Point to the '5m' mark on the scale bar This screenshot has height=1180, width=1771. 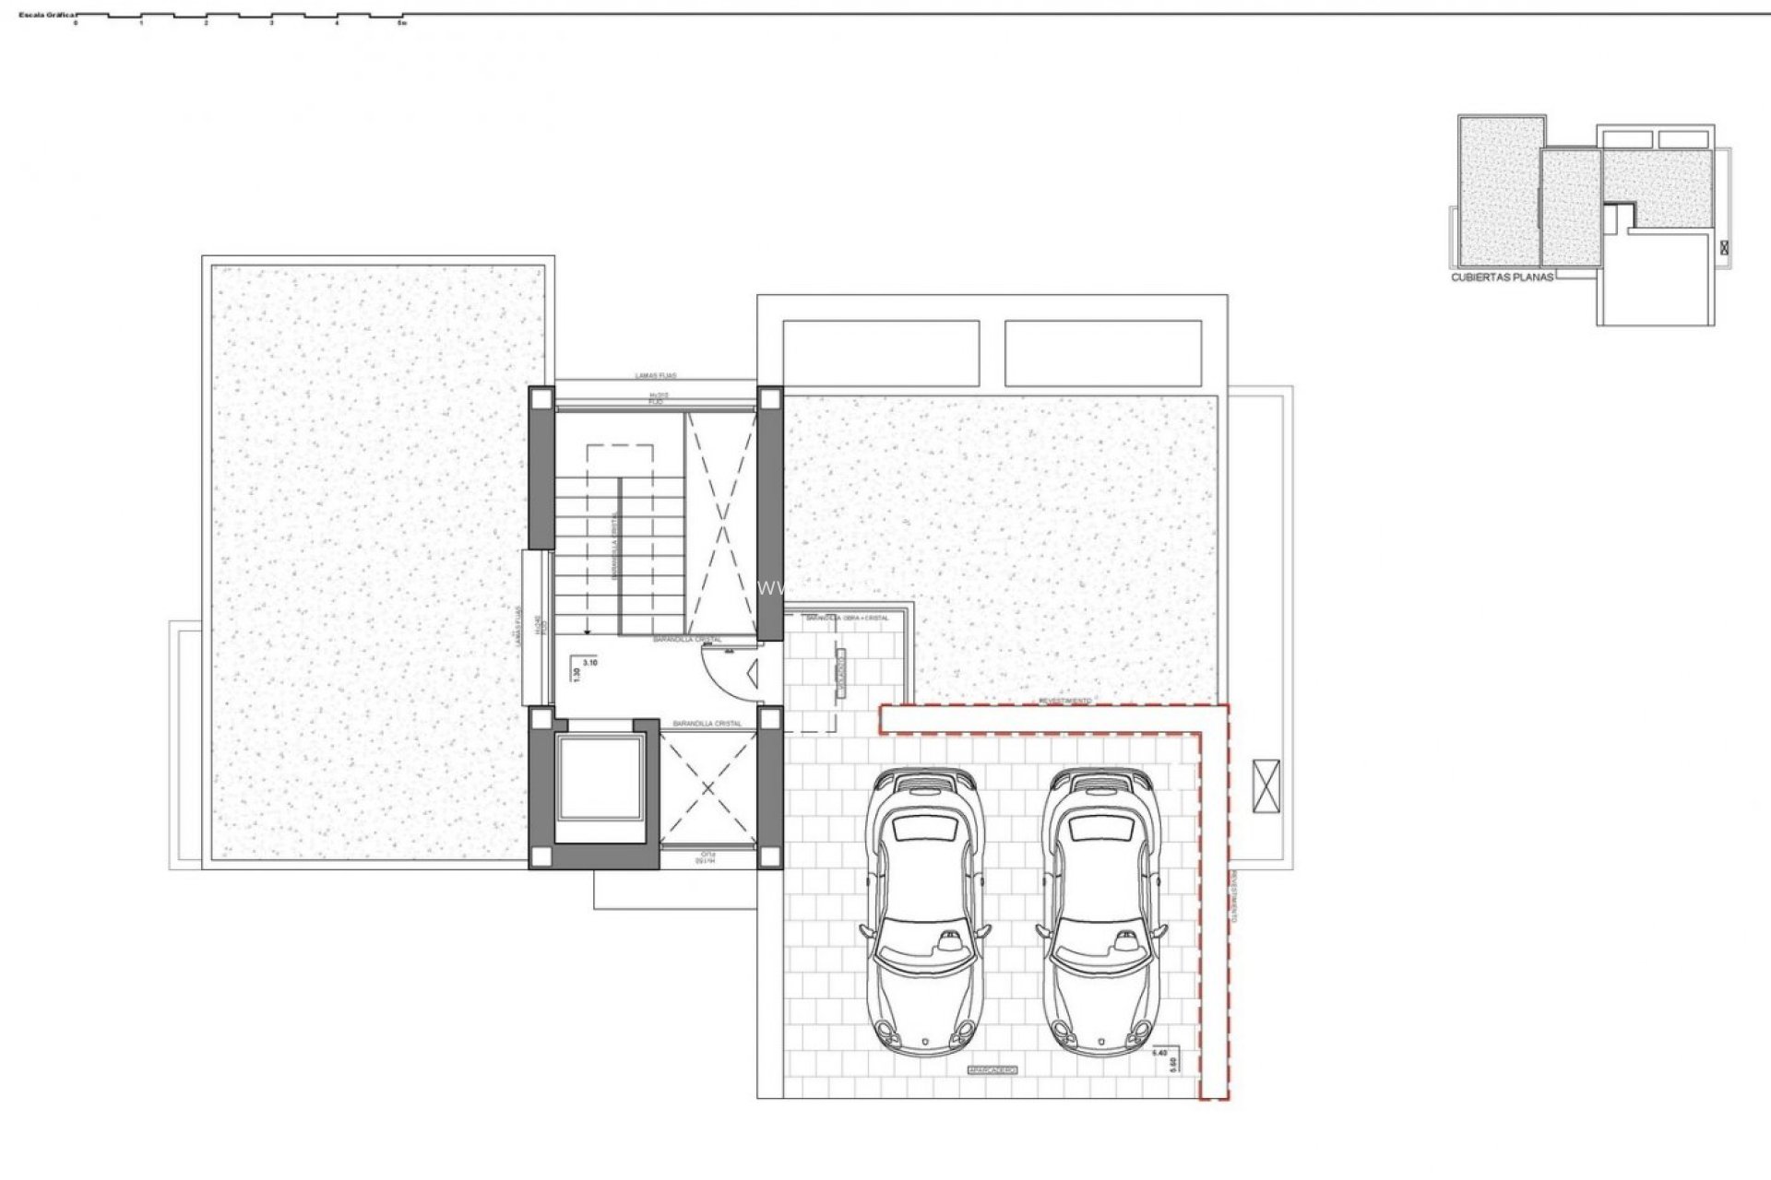click(x=401, y=23)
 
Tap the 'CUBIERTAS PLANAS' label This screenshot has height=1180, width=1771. click(x=1503, y=277)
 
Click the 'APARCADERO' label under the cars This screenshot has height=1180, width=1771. click(x=992, y=1069)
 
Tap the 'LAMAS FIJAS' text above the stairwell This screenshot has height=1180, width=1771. click(x=656, y=376)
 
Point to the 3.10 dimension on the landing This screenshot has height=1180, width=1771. click(x=590, y=662)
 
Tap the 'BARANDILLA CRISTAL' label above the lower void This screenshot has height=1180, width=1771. click(x=707, y=724)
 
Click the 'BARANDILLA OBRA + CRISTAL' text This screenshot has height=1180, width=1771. click(x=847, y=618)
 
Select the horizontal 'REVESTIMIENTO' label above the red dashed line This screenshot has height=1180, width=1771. click(x=1065, y=701)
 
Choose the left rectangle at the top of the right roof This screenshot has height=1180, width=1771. click(x=880, y=353)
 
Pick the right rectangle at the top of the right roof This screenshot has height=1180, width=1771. click(x=1103, y=353)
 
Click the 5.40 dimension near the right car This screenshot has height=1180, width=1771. click(x=1161, y=1051)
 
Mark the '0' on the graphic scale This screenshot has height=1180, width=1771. click(x=76, y=23)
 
